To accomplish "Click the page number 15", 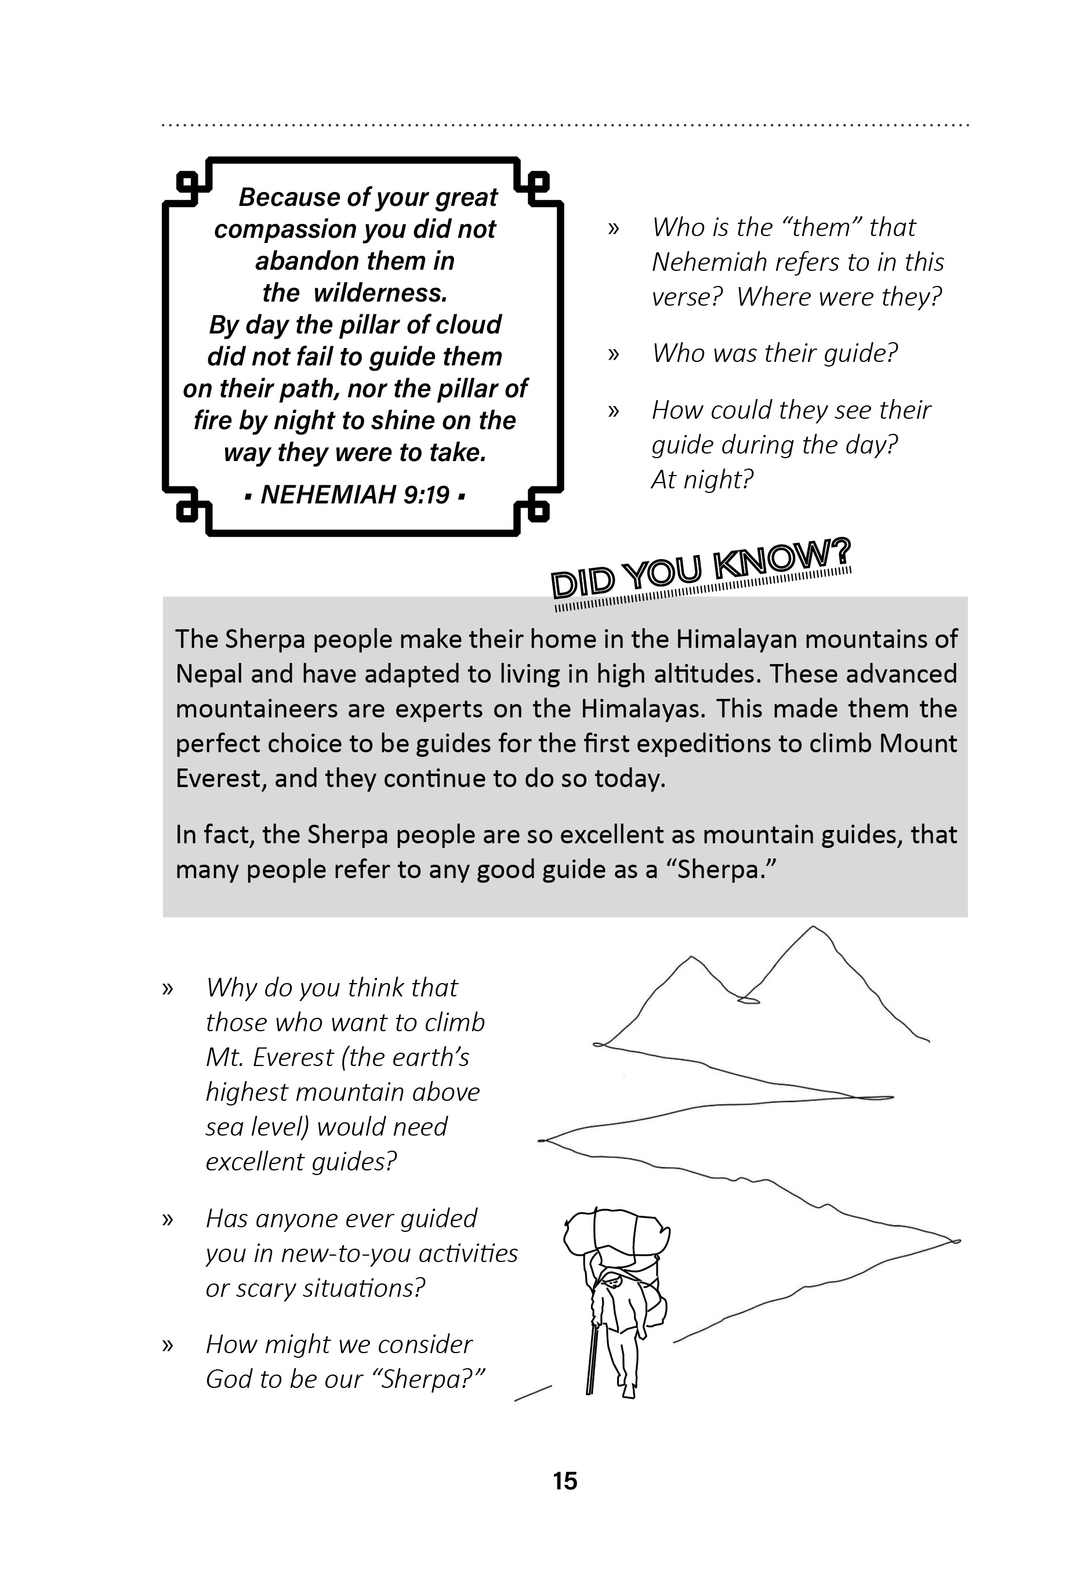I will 565,1481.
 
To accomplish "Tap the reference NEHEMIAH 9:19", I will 355,495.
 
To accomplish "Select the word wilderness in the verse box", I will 380,293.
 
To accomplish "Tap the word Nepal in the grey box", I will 209,675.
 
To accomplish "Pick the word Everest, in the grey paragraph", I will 221,778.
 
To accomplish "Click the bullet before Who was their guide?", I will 613,353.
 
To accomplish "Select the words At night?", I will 702,480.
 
